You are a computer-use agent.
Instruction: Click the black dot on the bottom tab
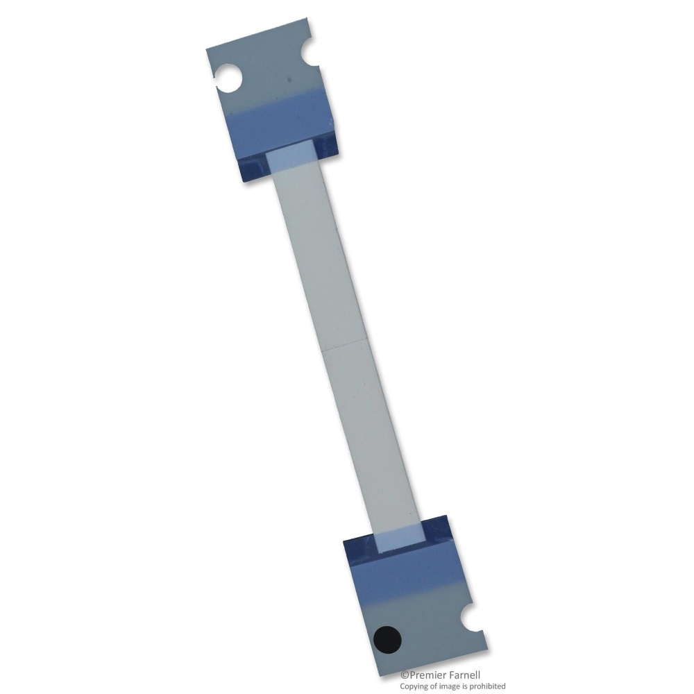387,638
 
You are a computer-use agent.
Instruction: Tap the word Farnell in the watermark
465,675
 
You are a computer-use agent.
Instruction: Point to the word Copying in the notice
415,686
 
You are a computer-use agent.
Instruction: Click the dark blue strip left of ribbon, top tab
254,167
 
